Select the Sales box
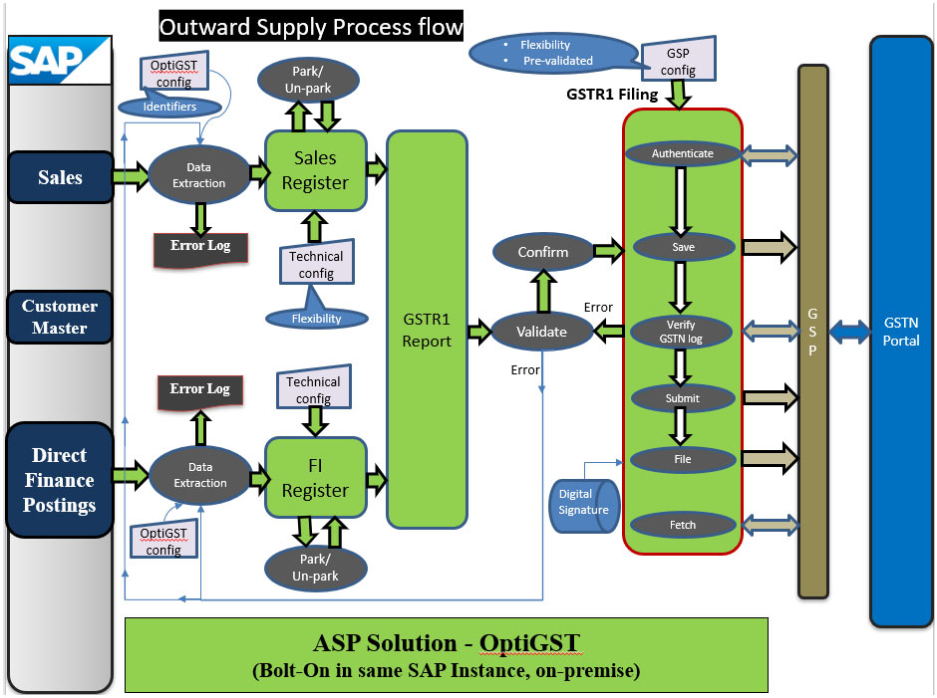(x=60, y=177)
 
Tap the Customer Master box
(x=60, y=317)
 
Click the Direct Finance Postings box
(x=60, y=480)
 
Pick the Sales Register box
(x=315, y=170)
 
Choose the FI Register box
(x=315, y=479)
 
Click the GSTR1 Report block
(x=427, y=330)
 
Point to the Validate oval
(x=541, y=332)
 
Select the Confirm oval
(x=542, y=253)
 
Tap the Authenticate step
(x=683, y=153)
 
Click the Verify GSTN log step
(x=683, y=332)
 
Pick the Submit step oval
(x=683, y=398)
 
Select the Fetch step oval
(x=683, y=525)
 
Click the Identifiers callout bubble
(x=169, y=106)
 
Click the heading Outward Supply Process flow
(x=311, y=26)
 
